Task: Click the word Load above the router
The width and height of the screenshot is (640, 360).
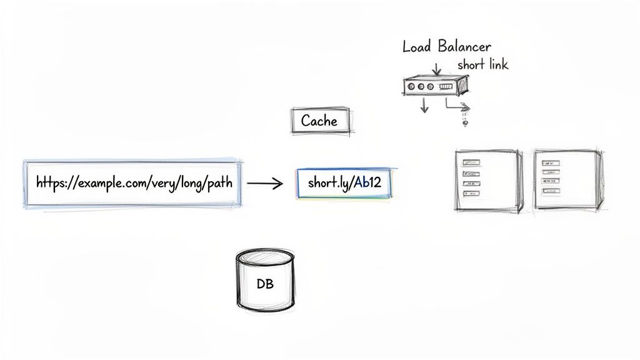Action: (415, 46)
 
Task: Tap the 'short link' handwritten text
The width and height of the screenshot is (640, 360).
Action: (482, 64)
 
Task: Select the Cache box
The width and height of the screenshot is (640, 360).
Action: (319, 121)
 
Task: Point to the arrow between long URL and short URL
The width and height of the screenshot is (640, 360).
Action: (265, 184)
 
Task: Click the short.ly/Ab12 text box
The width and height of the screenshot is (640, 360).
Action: (345, 182)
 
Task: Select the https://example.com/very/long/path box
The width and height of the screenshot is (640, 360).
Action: (132, 184)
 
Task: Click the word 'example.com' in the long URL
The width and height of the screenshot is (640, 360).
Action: (101, 184)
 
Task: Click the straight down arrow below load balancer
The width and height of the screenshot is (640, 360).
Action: (424, 104)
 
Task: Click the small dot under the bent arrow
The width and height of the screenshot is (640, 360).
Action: (464, 123)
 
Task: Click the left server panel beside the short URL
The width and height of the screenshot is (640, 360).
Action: (487, 181)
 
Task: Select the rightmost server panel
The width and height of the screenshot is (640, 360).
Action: (567, 179)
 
